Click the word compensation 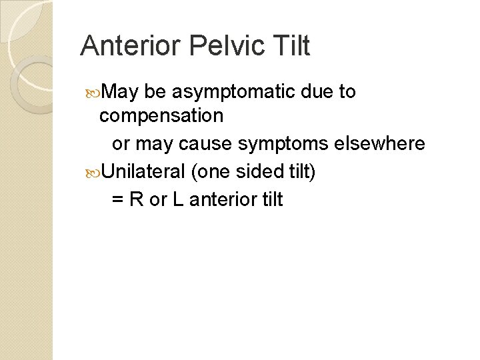161,116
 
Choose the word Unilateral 143,171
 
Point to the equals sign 117,199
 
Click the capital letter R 137,199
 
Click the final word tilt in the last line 271,199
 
